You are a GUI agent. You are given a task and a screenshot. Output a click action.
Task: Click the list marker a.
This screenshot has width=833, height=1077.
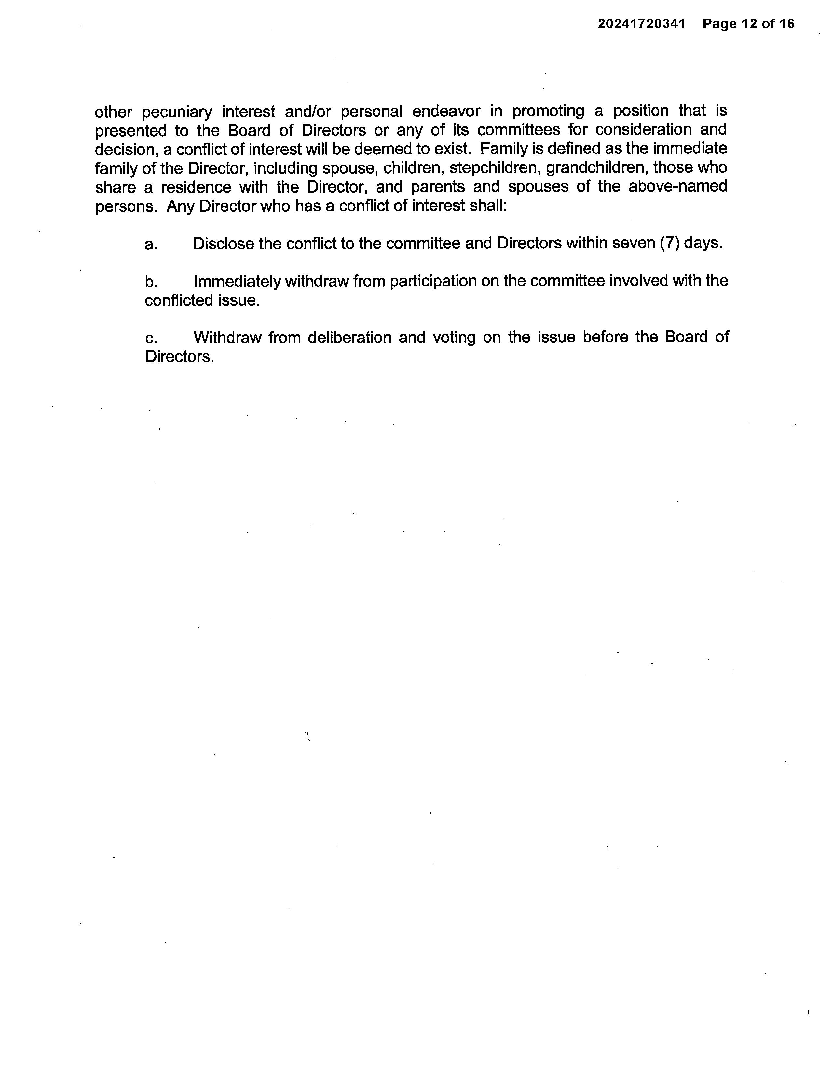(x=151, y=245)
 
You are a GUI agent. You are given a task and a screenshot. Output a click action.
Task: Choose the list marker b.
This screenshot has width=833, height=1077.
(x=151, y=282)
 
